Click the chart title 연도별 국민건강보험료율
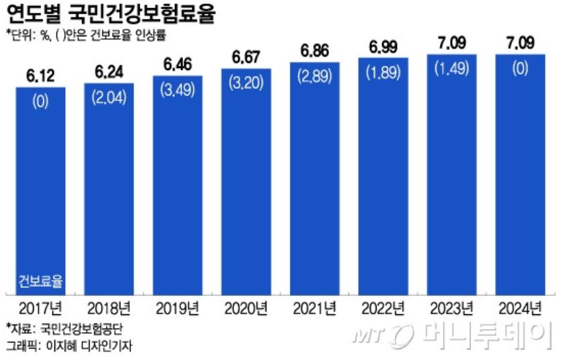(x=110, y=13)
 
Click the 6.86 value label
(x=315, y=50)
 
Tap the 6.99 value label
(x=383, y=46)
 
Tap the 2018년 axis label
(x=109, y=309)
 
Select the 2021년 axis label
(x=315, y=309)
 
